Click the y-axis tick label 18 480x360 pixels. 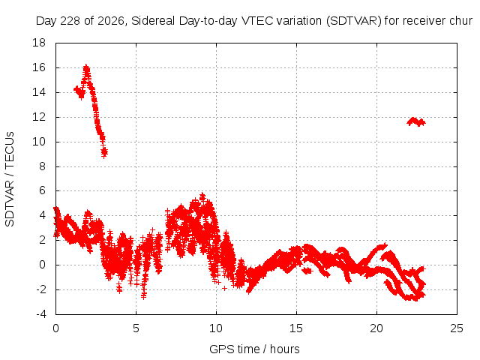pos(39,43)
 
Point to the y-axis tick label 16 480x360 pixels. pos(39,67)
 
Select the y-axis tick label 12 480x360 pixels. pos(39,117)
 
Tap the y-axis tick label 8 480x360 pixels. pos(42,166)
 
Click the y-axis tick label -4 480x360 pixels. pos(40,314)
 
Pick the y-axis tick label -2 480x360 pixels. pos(40,289)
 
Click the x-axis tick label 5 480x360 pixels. pos(136,328)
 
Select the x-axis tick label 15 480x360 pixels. pos(296,328)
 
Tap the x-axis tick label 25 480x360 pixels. pos(457,328)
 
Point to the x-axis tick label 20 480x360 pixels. pos(376,328)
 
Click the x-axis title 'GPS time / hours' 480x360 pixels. pos(254,349)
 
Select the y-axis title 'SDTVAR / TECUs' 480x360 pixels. pos(10,179)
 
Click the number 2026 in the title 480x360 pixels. pos(110,21)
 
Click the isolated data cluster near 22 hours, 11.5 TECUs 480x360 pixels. pos(416,121)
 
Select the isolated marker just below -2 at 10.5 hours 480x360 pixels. pos(225,288)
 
